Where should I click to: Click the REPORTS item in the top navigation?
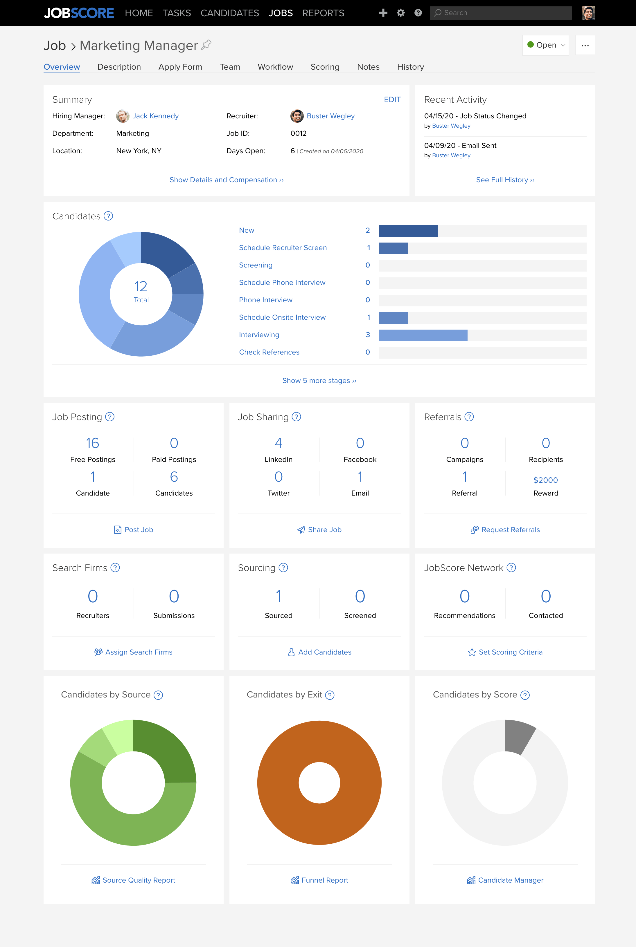323,13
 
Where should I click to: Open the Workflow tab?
275,67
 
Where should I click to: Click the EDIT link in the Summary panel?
392,100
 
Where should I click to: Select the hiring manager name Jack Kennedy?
155,116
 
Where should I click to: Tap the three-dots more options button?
585,45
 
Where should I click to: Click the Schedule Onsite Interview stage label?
282,317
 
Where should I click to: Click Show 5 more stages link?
319,380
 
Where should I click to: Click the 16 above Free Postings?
92,443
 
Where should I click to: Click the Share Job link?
324,529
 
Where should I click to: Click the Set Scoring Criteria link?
510,652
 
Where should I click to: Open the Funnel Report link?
324,880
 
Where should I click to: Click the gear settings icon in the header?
400,13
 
